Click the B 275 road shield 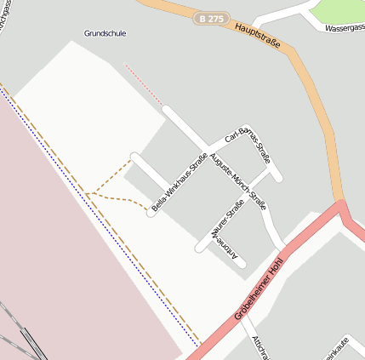[x=212, y=18]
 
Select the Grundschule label [x=105, y=34]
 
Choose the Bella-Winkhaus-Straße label [x=180, y=186]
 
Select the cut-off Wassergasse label [x=345, y=27]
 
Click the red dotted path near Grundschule [x=143, y=84]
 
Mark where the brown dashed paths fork [x=88, y=194]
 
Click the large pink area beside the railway [x=60, y=255]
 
